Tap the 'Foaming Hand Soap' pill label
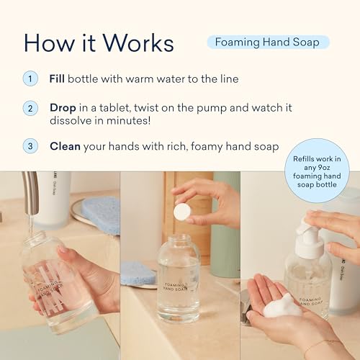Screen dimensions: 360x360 tap(268, 42)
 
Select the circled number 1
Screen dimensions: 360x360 tap(30, 78)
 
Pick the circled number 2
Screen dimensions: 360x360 tap(30, 109)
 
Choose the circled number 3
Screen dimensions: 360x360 tap(30, 146)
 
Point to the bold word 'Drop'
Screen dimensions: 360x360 tap(63, 107)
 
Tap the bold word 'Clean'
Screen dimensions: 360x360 tap(65, 146)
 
